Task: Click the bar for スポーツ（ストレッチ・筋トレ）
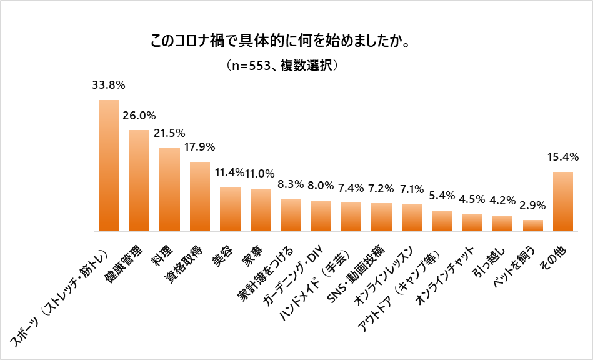(x=109, y=166)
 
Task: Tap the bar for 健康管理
(x=139, y=181)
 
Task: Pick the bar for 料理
(x=169, y=189)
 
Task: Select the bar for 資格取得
(x=200, y=196)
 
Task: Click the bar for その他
(x=563, y=201)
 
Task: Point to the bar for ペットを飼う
(x=533, y=226)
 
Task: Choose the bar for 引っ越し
(x=502, y=223)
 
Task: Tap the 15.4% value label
(x=563, y=156)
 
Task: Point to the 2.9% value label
(x=533, y=204)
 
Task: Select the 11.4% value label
(x=230, y=172)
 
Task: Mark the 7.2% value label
(x=381, y=187)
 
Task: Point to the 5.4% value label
(x=442, y=195)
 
